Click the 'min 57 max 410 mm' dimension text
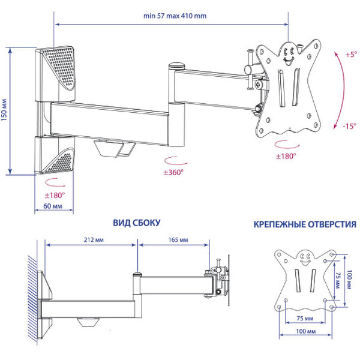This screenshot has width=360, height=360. [172, 16]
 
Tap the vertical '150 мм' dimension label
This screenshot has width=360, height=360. [5, 112]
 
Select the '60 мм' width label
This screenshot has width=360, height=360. [54, 206]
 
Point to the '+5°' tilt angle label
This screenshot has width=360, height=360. [350, 55]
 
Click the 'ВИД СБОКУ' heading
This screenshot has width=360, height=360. [136, 223]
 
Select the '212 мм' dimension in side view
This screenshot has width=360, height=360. [91, 239]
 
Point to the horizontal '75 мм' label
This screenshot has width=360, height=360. [304, 317]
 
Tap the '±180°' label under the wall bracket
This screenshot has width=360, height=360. [54, 195]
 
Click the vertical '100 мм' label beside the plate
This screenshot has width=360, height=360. [352, 279]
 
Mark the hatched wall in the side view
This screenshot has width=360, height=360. [29, 294]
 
